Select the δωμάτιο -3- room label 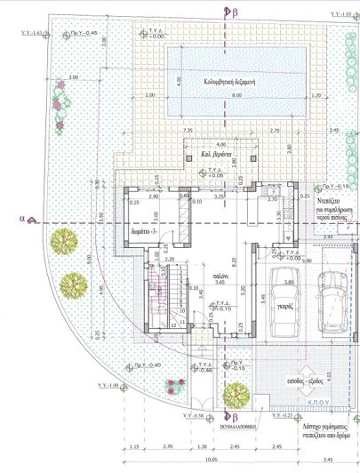145,230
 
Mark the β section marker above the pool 235,12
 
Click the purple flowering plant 60,104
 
